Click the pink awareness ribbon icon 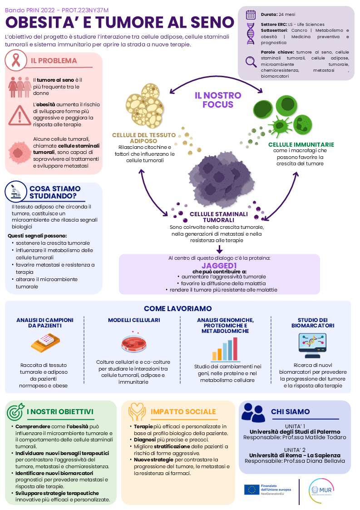coord(15,60)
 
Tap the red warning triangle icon coord(20,115)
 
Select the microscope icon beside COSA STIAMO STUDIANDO coord(15,191)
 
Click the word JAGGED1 coord(219,266)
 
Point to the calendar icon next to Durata coord(251,15)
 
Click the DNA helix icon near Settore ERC coord(251,34)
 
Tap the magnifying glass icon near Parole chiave coord(251,61)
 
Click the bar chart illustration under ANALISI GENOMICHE coord(225,350)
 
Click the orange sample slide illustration coord(45,343)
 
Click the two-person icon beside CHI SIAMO coord(253,412)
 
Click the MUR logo coord(321,490)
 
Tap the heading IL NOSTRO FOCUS coord(218,100)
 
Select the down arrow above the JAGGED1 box coord(220,249)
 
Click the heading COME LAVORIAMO coord(178,308)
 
